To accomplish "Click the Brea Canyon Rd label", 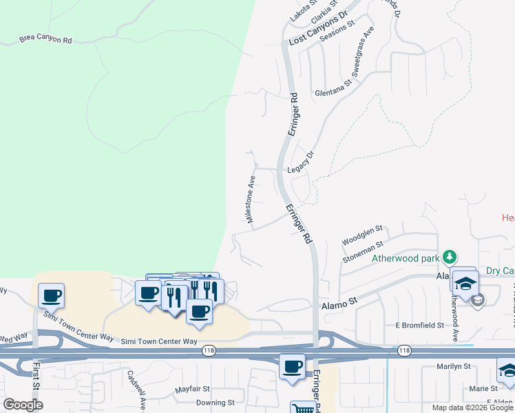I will click(45, 41).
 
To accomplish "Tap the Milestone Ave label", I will click(252, 199).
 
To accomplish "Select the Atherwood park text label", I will click(406, 259).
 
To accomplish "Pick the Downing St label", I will click(216, 403).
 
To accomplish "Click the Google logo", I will click(23, 404).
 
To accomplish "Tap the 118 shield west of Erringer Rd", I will click(209, 351).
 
